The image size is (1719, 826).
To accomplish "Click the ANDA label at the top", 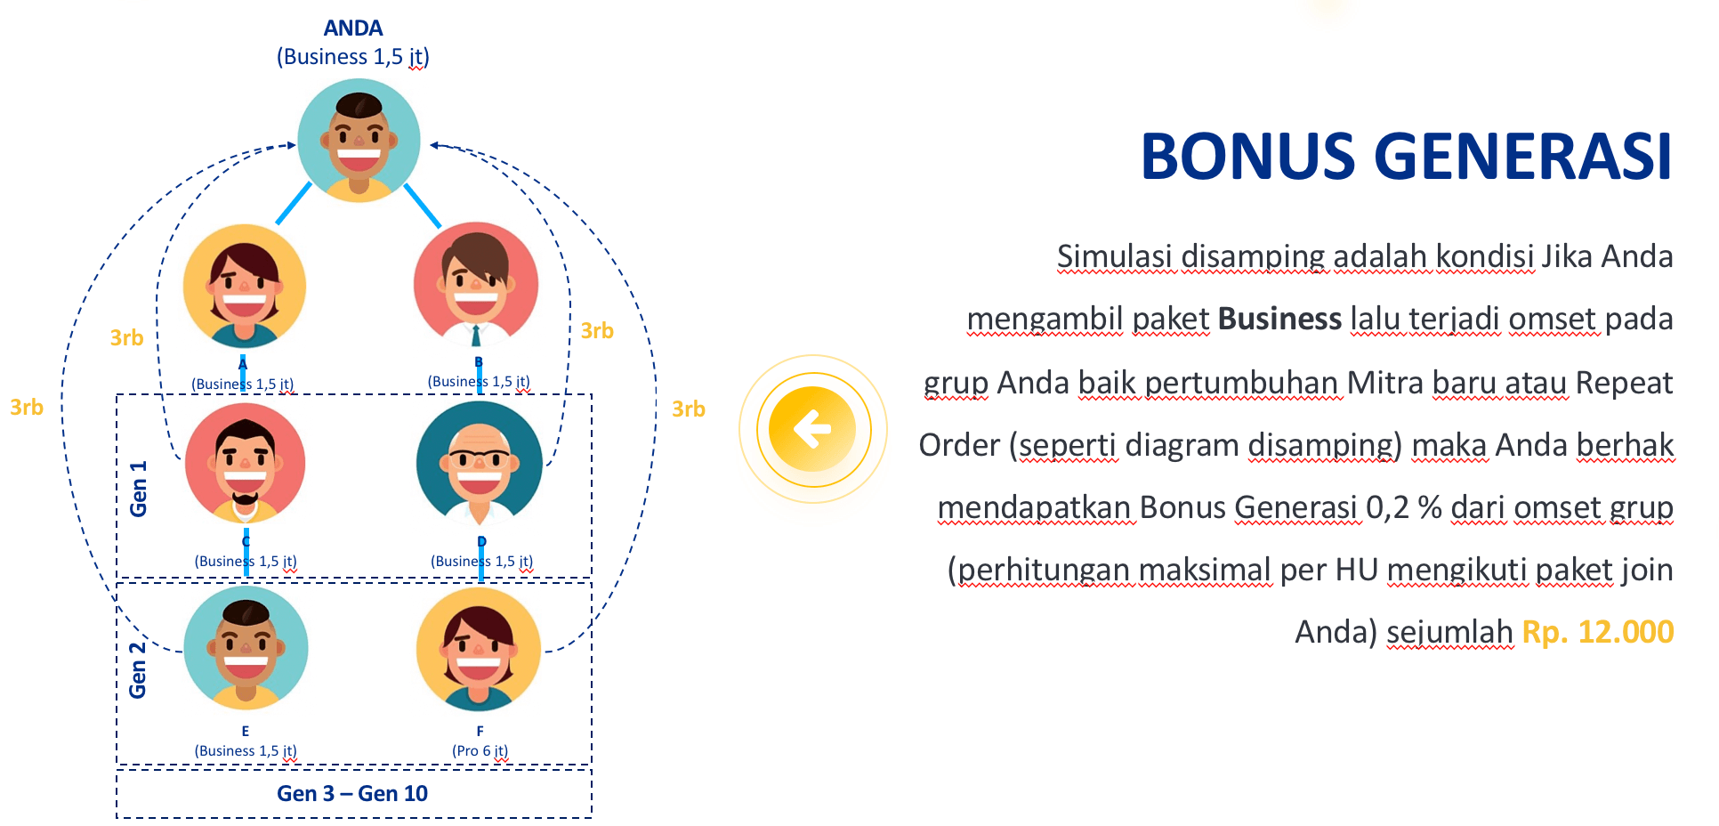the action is (x=353, y=28).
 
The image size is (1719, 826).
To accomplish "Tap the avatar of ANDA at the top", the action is (x=359, y=141).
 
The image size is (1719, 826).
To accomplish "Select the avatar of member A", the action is (x=245, y=286).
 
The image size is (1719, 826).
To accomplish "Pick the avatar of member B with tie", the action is (x=476, y=285).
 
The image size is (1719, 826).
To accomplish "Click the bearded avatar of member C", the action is (x=246, y=463).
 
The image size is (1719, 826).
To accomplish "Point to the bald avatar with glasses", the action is (x=480, y=463).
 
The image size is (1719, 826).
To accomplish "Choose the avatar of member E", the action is (x=246, y=648).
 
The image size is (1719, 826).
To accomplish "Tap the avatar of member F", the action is (x=479, y=649).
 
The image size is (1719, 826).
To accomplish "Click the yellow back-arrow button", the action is (x=812, y=429).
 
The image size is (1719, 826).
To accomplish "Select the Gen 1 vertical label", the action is (x=138, y=489).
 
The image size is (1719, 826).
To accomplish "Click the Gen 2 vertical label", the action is (x=137, y=669).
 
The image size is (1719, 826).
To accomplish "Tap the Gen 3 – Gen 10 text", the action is (x=352, y=793).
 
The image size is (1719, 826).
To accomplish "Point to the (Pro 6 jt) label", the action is (x=480, y=751).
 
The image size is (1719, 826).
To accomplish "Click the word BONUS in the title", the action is (x=1247, y=157).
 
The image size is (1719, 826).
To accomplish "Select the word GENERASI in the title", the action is (x=1523, y=157).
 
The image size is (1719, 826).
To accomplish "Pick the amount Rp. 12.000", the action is (x=1598, y=632).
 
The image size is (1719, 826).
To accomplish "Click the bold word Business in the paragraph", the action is (x=1279, y=319).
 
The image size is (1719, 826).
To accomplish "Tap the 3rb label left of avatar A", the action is (x=126, y=337).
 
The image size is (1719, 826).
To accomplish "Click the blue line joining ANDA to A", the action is (x=294, y=203).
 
